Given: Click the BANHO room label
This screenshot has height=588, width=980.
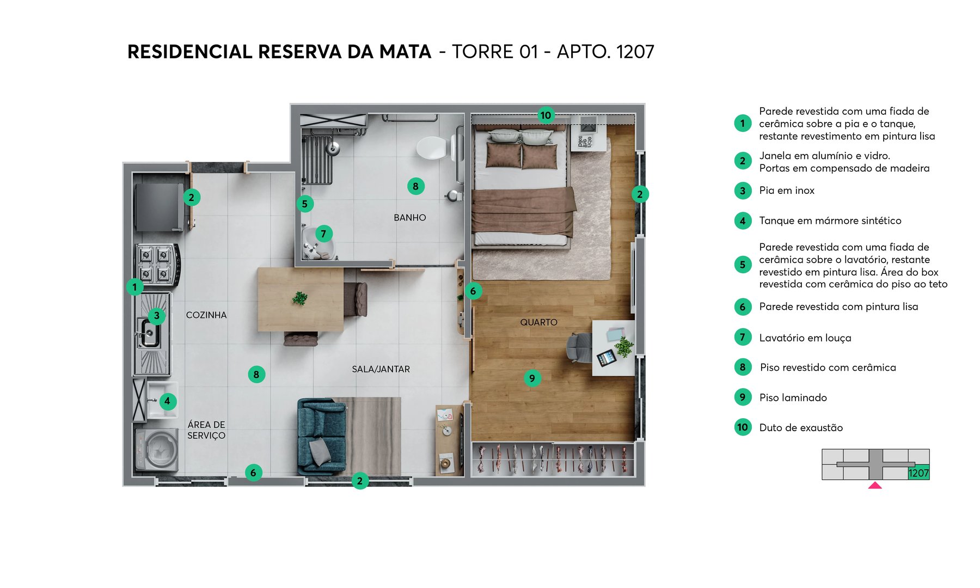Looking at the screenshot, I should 409,218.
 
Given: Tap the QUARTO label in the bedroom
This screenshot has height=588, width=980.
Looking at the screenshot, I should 538,322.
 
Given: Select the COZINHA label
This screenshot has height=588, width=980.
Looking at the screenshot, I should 206,315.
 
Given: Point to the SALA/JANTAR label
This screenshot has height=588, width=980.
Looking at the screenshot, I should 381,369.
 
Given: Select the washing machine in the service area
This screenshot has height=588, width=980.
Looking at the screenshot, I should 157,450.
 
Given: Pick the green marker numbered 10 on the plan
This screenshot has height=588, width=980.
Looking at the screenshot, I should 546,115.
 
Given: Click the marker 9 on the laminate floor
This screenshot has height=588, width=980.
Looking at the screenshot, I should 532,378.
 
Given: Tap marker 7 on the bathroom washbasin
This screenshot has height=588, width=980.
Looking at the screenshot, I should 323,234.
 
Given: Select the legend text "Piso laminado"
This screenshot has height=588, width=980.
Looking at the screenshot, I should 793,398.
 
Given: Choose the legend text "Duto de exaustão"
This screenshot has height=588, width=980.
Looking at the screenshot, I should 801,428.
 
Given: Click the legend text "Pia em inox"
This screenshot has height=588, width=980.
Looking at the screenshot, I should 787,191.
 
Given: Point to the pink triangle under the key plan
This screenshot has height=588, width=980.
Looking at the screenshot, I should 875,485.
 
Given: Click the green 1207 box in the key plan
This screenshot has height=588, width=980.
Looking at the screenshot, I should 918,473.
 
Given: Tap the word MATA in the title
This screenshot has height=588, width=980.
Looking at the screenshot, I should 405,52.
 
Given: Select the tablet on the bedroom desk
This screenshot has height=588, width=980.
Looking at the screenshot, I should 607,358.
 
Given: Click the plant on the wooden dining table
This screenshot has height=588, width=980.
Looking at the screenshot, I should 299,298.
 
